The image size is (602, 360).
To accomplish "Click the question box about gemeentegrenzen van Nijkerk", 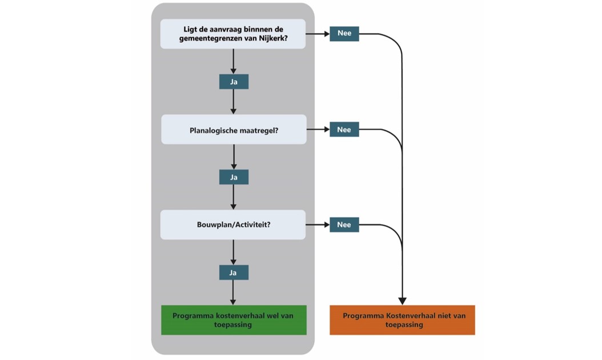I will [x=233, y=34].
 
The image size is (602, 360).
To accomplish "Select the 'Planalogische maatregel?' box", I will [x=234, y=130].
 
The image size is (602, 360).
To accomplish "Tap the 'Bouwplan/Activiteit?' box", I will [x=233, y=225].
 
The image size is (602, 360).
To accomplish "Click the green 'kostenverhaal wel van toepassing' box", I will [x=234, y=320].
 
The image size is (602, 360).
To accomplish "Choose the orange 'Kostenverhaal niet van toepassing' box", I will [x=403, y=320].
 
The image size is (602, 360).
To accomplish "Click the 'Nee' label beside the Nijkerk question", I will [x=344, y=34].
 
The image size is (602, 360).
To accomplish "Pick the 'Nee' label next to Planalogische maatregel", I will [x=344, y=130].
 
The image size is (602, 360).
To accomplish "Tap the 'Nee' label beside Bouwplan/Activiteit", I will [x=344, y=225].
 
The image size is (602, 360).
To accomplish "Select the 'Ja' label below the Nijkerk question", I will [x=234, y=82].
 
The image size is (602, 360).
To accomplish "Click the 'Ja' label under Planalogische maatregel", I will [x=234, y=177].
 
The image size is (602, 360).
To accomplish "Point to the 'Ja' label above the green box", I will [x=234, y=273].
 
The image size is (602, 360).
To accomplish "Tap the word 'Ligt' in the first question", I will [x=191, y=29].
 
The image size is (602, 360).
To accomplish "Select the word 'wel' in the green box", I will [x=274, y=315].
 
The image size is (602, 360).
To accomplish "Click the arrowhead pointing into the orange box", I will [x=403, y=301].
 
